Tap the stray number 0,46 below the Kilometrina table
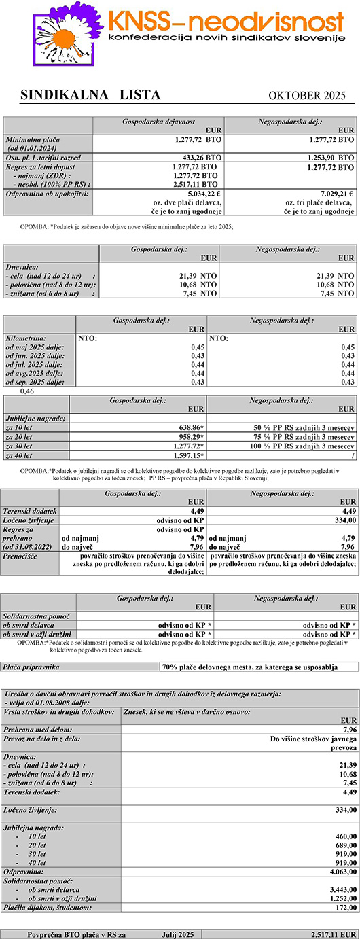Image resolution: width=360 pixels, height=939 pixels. tap(27, 391)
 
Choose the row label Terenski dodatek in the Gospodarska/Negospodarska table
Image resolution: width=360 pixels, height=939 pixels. tap(31, 510)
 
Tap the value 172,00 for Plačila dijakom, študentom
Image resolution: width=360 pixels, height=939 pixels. tap(345, 907)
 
